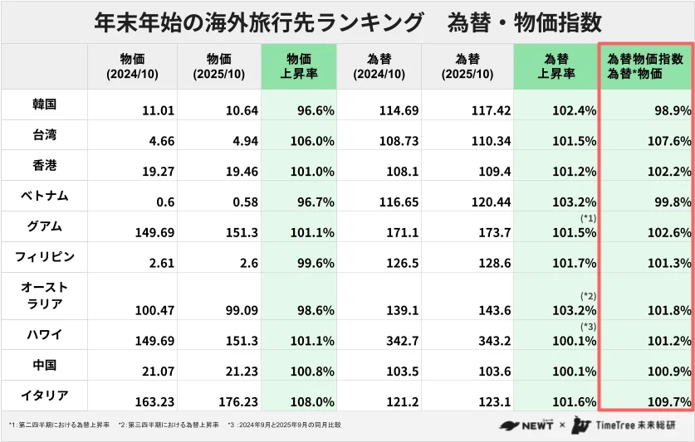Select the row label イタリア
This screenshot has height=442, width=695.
pyautogui.click(x=43, y=395)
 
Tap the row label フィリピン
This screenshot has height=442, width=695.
pyautogui.click(x=44, y=256)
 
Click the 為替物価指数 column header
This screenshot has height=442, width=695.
pyautogui.click(x=645, y=66)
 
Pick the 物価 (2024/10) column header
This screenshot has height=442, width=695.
pyautogui.click(x=132, y=66)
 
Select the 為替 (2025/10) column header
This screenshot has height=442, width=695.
pyautogui.click(x=467, y=66)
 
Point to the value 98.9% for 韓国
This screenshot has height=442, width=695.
pyautogui.click(x=672, y=110)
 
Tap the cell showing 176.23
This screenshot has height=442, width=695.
pyautogui.click(x=237, y=401)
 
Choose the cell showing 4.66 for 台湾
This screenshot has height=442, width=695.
pyautogui.click(x=159, y=141)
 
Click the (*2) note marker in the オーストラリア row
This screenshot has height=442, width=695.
pyautogui.click(x=588, y=295)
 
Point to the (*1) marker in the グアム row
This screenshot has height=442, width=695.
pyautogui.click(x=588, y=218)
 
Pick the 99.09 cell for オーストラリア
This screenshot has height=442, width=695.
pyautogui.click(x=239, y=310)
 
